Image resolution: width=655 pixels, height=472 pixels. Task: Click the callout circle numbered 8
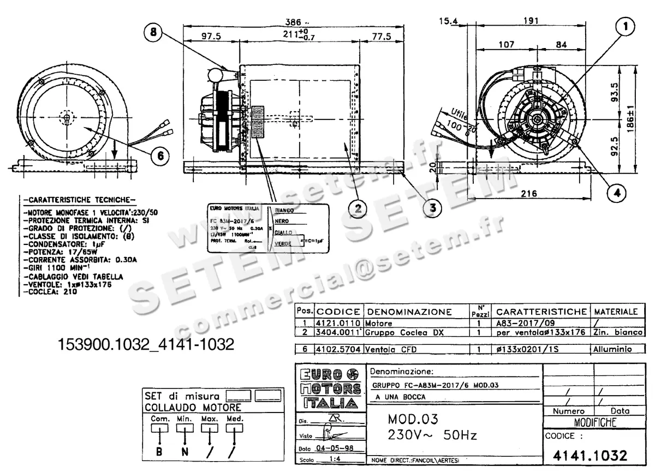(x=154, y=33)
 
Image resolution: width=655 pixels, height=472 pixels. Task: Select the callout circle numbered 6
(x=160, y=156)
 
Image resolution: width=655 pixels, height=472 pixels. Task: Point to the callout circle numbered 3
(x=433, y=207)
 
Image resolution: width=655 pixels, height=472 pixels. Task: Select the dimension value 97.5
(x=211, y=37)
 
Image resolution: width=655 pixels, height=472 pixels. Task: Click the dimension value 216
(x=528, y=193)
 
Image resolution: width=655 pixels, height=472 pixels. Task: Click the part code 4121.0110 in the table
(x=338, y=323)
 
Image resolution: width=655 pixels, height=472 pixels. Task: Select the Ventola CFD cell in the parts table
(x=388, y=348)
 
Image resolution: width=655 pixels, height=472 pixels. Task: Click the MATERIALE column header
(x=616, y=312)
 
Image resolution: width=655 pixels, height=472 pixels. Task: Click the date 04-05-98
(x=331, y=447)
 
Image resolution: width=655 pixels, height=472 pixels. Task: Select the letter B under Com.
(x=159, y=451)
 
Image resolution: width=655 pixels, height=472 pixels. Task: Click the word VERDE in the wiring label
(x=283, y=243)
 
